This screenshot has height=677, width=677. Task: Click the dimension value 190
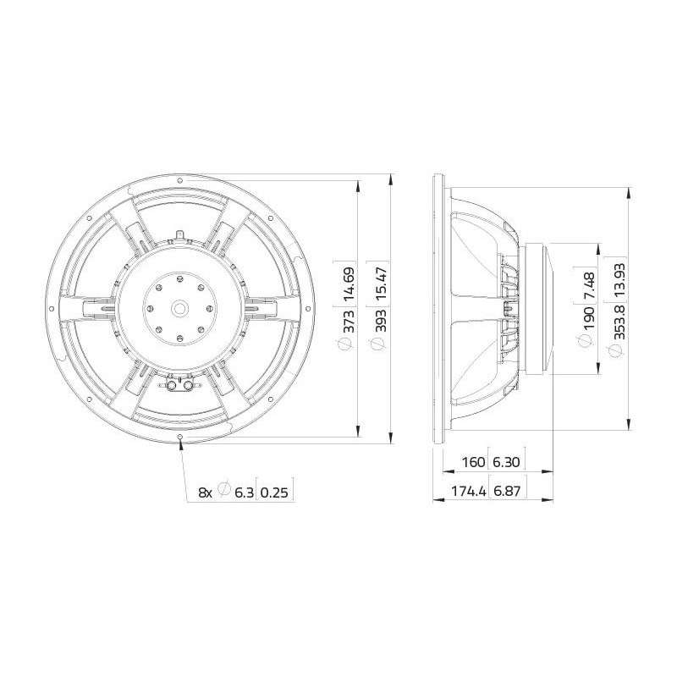[x=589, y=317]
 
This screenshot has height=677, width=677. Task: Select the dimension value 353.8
[x=620, y=322]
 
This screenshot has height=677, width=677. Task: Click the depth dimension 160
[x=474, y=462]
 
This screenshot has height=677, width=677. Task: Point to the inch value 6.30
[x=506, y=462]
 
